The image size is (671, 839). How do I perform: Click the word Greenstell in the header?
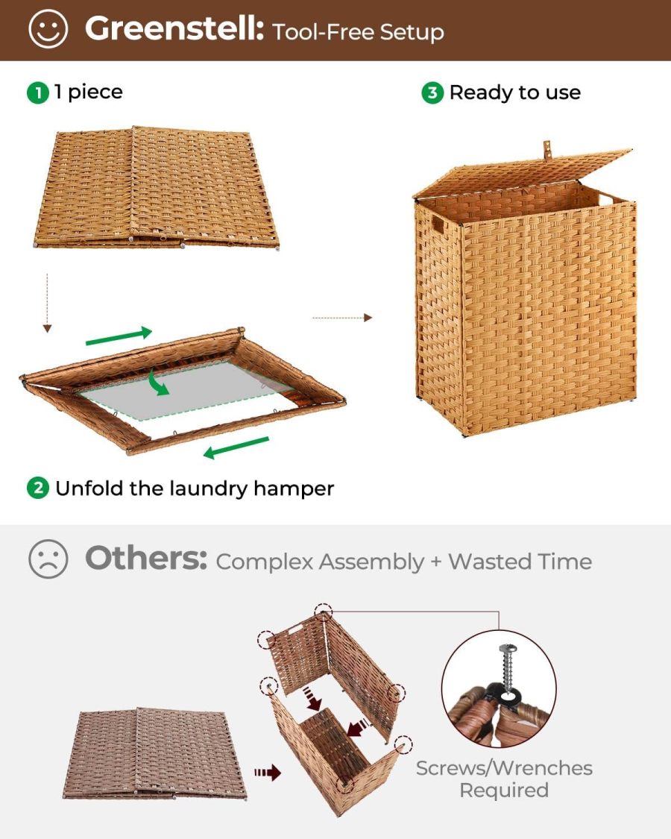pos(174,29)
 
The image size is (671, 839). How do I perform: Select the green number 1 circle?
pos(37,93)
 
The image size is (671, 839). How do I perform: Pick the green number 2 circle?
pos(37,489)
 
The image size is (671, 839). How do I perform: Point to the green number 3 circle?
pos(432,93)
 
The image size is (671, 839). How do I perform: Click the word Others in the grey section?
pos(145,559)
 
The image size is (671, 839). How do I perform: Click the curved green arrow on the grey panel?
pos(158,380)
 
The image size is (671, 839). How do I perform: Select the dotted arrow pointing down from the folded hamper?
pos(47,303)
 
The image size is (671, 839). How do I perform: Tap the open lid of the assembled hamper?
pos(522,170)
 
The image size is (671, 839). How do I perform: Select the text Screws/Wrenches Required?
pos(504,779)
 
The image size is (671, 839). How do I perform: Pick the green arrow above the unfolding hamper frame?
pos(119,336)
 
